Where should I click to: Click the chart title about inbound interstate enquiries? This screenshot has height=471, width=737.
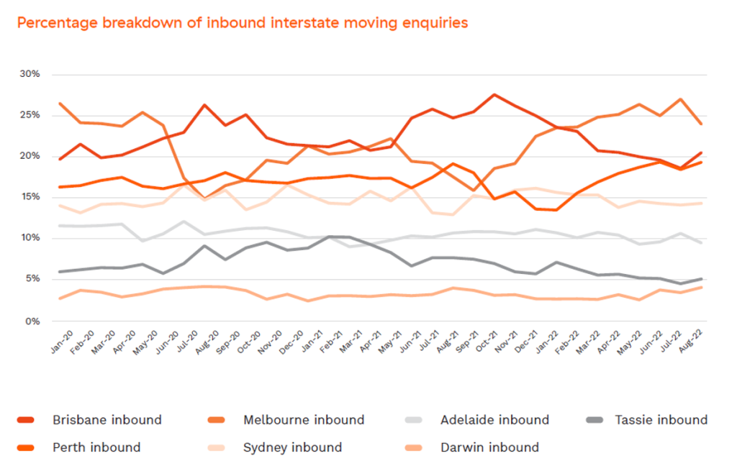coord(243,23)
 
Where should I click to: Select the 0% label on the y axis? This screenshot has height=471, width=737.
coord(33,321)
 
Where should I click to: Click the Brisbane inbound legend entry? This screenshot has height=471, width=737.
coord(107,420)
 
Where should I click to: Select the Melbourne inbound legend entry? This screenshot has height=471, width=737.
coord(304,420)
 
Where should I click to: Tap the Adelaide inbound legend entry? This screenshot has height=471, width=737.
coord(494,420)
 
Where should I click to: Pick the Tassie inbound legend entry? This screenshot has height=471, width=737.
coord(660,420)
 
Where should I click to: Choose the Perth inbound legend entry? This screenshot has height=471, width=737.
coord(96,447)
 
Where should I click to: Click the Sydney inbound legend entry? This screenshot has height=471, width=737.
coord(292,447)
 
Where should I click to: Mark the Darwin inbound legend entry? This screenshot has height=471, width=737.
coord(489,447)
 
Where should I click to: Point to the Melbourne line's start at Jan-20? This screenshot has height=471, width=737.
coord(60,104)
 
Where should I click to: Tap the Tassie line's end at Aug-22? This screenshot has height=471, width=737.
coord(701,279)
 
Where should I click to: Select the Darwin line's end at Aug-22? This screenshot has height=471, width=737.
coord(701,288)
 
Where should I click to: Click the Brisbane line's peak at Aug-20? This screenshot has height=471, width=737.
coord(206,105)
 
